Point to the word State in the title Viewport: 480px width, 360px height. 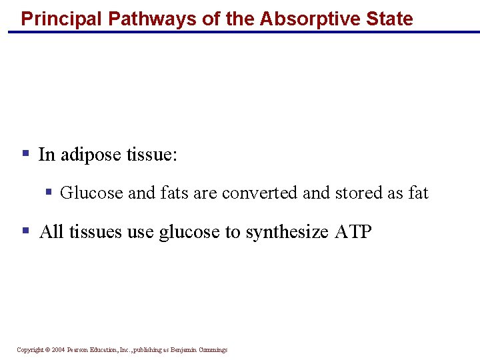389,18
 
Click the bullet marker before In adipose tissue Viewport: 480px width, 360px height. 26,153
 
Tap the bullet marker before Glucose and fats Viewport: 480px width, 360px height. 48,192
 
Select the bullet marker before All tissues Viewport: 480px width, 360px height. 26,231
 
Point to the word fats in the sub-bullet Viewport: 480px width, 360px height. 174,193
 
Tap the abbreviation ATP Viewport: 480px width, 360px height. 351,231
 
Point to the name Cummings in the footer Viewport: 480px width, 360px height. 212,350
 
